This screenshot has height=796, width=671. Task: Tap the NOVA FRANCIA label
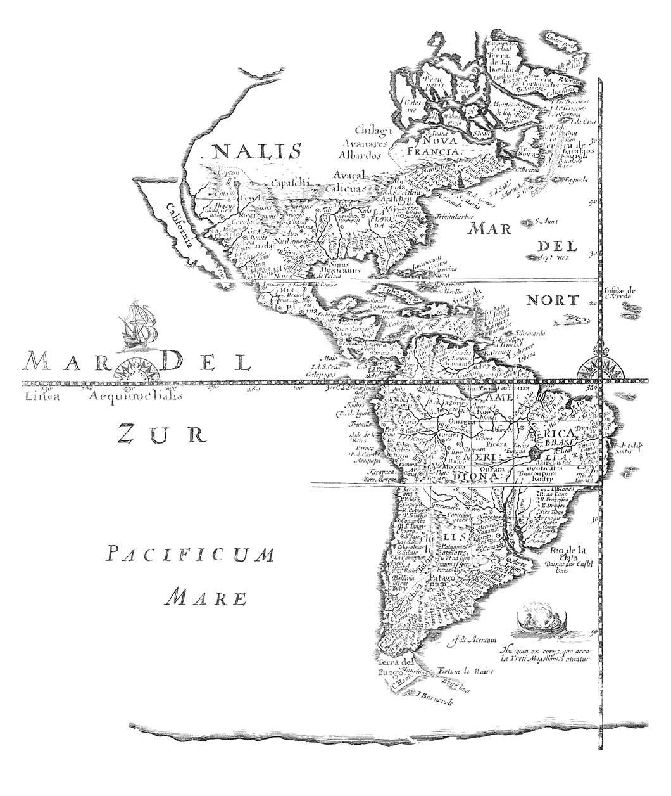click(x=432, y=146)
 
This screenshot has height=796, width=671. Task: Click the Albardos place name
click(x=359, y=155)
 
